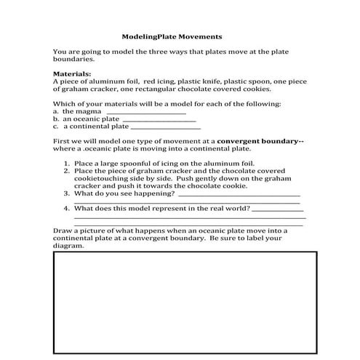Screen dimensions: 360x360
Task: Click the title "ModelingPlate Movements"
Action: tap(172, 36)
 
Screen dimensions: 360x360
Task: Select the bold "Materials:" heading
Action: tap(72, 74)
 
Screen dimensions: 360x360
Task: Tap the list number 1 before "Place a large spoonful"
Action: tap(68, 164)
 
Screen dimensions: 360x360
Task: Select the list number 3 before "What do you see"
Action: tap(68, 194)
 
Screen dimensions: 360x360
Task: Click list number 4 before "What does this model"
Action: tap(68, 208)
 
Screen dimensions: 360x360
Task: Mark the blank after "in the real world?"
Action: tap(279, 209)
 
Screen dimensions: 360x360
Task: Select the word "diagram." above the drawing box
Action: tap(69, 245)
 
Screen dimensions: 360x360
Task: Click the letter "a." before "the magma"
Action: tap(56, 111)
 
